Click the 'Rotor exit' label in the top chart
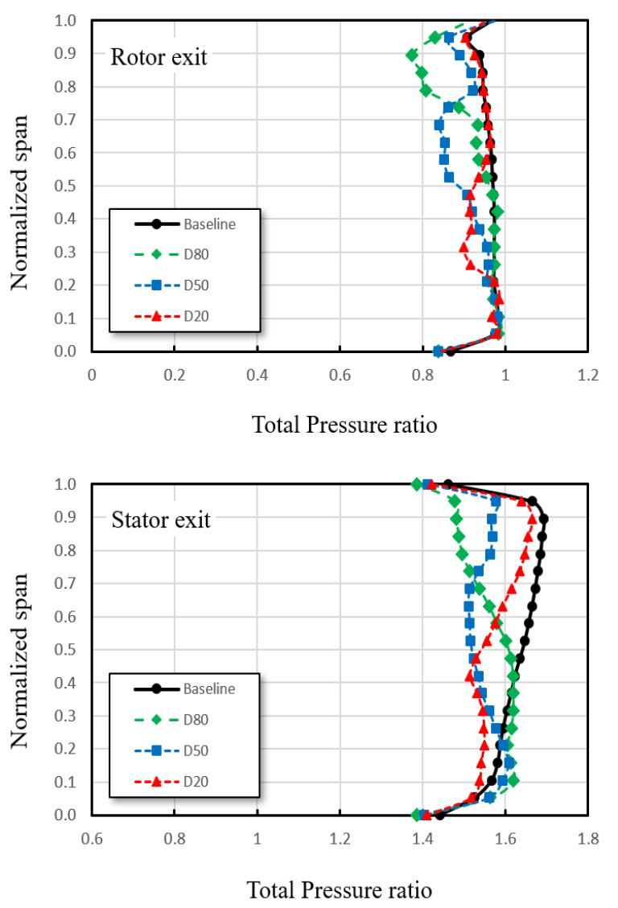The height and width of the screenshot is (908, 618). click(159, 57)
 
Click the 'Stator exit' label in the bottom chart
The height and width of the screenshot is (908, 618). click(161, 520)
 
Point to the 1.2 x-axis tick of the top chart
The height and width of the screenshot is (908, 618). click(588, 375)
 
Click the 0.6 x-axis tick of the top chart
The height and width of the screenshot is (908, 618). click(340, 375)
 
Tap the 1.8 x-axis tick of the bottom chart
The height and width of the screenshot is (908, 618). click(588, 838)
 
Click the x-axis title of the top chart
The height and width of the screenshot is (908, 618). click(345, 425)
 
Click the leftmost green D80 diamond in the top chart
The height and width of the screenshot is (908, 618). click(412, 55)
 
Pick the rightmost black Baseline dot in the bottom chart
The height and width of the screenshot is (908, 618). click(544, 519)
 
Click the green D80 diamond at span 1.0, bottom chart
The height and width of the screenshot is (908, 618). click(417, 484)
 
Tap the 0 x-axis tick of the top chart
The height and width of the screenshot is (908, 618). click(92, 375)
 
